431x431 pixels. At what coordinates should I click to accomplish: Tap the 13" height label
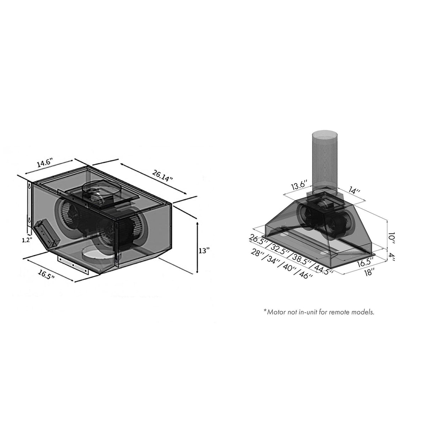point(203,251)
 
